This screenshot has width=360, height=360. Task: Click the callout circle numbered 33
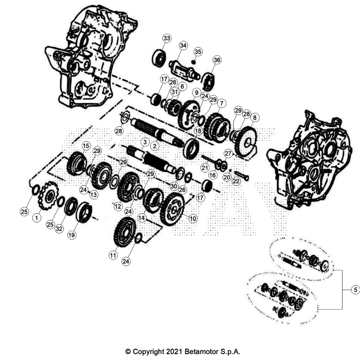coord(167,38)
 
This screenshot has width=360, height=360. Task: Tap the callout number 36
coord(217,60)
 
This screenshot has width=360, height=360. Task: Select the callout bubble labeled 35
coord(198,52)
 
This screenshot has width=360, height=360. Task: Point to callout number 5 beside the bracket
coord(355,290)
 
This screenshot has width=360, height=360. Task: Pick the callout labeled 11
coord(113,254)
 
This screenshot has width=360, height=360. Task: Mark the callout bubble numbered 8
coord(255,117)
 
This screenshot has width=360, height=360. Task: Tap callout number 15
coord(86,145)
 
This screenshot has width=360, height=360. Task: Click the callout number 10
coord(193,219)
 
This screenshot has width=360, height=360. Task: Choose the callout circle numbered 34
coord(183,46)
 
